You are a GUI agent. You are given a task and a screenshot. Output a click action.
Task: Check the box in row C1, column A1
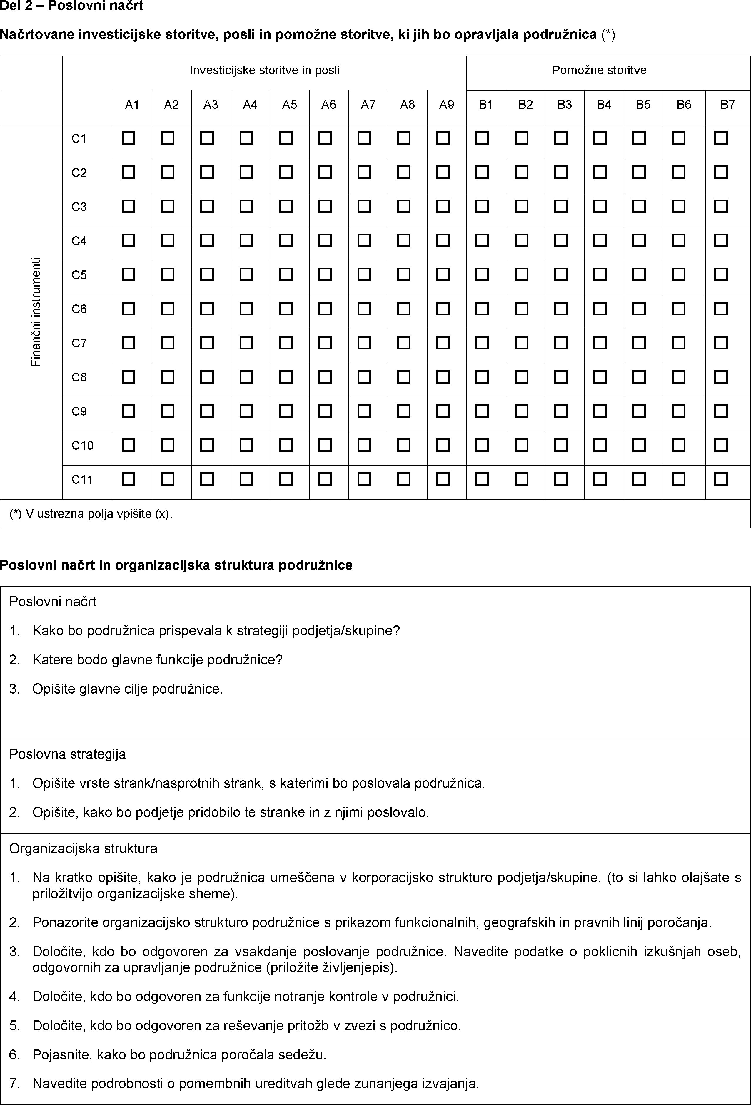128,138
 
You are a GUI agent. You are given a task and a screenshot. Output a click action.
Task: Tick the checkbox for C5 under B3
561,275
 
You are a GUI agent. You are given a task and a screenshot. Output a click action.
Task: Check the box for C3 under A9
443,206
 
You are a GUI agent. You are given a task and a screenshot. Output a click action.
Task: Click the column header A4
250,105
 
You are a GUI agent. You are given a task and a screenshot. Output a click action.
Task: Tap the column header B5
643,105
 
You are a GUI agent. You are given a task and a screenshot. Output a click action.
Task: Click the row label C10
82,446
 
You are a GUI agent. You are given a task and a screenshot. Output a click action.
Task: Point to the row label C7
79,343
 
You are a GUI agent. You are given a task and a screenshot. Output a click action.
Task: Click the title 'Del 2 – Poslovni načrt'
72,6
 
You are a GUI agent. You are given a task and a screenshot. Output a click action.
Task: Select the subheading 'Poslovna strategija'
68,754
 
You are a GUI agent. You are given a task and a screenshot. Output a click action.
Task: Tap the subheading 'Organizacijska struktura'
83,848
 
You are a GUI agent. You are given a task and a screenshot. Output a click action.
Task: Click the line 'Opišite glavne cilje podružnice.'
127,689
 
